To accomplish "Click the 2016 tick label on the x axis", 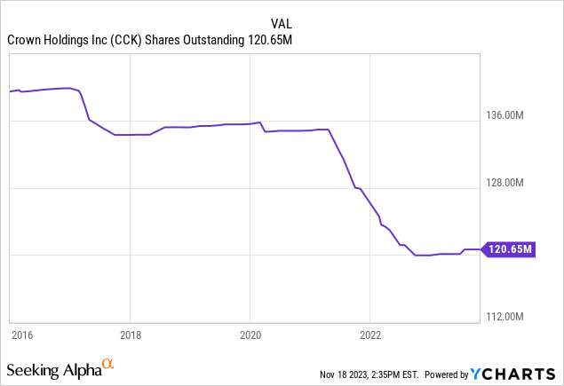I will pyautogui.click(x=21, y=335).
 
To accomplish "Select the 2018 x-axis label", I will pyautogui.click(x=130, y=335).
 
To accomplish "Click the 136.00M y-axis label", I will pyautogui.click(x=511, y=115).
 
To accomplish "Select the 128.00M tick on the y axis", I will pyautogui.click(x=511, y=183).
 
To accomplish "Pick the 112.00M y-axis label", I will pyautogui.click(x=511, y=317).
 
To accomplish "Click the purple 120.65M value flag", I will pyautogui.click(x=510, y=249).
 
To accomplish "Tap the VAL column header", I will pyautogui.click(x=281, y=23).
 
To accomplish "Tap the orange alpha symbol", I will pyautogui.click(x=107, y=365).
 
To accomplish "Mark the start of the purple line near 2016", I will pyautogui.click(x=10, y=91).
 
